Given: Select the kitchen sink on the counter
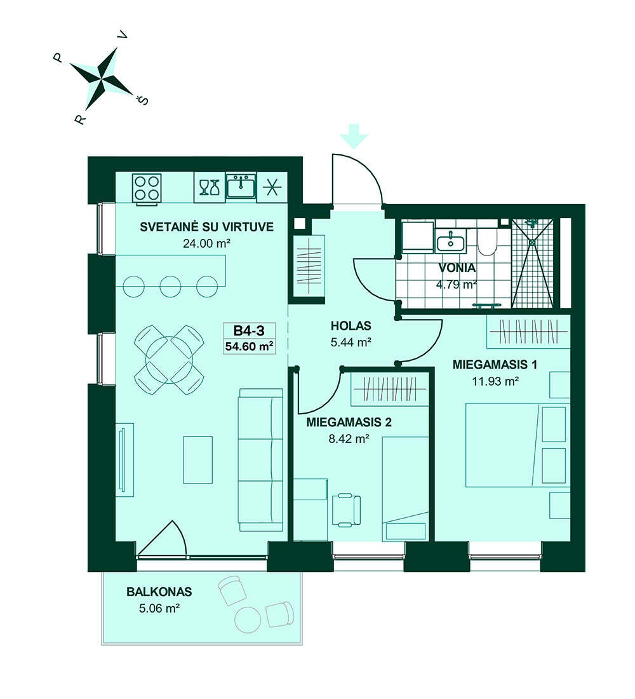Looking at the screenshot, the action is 241,186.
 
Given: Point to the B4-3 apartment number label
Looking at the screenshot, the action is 249,330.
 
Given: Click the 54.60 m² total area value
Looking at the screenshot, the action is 249,346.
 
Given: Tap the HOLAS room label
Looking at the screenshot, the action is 351,326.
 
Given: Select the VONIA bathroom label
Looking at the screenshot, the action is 457,268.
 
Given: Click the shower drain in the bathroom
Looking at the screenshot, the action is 532,242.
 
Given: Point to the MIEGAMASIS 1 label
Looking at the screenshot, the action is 495,365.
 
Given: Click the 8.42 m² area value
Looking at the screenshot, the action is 349,439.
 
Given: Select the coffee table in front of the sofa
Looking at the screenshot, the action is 198,459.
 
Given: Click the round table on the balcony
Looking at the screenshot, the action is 248,620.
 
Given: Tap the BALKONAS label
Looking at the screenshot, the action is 159,592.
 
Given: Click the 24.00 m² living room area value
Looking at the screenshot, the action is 206,244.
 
